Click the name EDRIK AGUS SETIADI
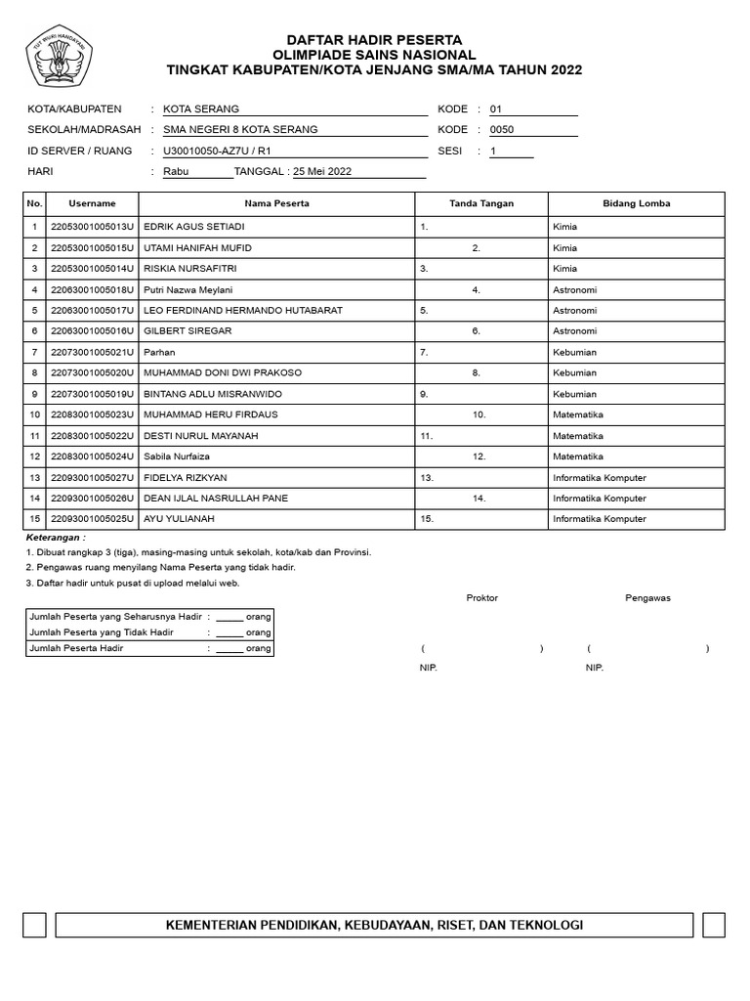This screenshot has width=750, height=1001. [x=193, y=227]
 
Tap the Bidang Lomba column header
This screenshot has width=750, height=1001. [x=636, y=203]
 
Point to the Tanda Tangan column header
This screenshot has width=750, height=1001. [x=480, y=203]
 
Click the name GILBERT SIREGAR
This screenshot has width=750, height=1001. [x=187, y=331]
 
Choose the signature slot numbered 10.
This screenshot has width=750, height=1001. [x=479, y=414]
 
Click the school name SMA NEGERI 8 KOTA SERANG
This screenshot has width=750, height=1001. [x=240, y=129]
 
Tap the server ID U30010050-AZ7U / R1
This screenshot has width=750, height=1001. [x=217, y=151]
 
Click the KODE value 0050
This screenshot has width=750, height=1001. [x=501, y=129]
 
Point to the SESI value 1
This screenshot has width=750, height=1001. [x=493, y=151]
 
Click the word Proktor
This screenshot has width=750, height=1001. [x=481, y=597]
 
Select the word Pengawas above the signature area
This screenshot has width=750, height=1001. [x=647, y=597]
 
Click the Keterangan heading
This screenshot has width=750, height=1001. [x=56, y=538]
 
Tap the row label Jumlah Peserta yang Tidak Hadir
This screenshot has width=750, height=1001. [x=102, y=632]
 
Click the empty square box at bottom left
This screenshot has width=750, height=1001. [x=34, y=925]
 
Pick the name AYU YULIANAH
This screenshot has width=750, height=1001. [x=179, y=519]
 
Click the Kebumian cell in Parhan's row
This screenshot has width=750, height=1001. [x=574, y=352]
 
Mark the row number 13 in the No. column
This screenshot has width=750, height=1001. [x=34, y=478]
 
